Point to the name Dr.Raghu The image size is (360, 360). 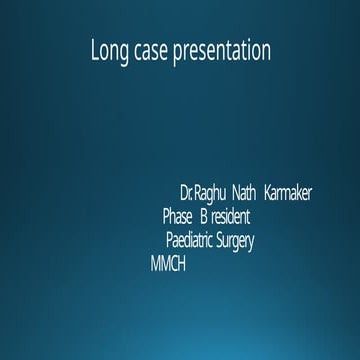pos(203,192)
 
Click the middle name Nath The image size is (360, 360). pos(244,192)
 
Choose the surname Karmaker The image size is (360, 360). pos(289,192)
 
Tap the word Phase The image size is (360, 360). pos(177,216)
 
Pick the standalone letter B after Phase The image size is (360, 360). pos(204,216)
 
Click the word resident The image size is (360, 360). pos(231,216)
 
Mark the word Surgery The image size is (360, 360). pos(236,241)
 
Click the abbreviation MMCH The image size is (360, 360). pos(167,264)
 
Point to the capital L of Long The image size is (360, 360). pos(93,50)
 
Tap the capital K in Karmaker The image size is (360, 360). pos(270,192)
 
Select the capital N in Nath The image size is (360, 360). pos(235,192)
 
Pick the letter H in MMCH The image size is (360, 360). pos(181,264)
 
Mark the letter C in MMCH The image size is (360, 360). pos(173,264)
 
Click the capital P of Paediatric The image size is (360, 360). pos(170,240)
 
